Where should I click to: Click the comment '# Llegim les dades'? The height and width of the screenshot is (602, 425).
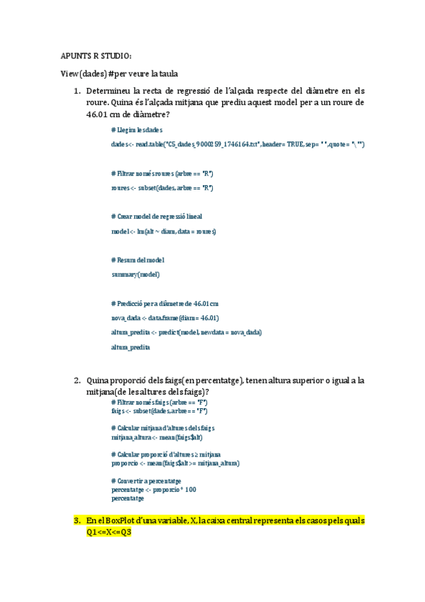(137, 130)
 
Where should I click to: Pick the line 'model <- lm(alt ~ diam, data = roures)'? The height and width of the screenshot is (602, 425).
(164, 231)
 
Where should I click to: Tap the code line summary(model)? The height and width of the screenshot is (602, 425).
(136, 274)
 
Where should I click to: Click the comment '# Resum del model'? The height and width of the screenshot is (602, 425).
(139, 260)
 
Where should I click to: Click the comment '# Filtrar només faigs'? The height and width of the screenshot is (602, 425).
(159, 403)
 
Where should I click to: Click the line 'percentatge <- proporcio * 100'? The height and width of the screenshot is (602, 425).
(154, 490)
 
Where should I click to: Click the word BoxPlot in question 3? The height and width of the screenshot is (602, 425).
(126, 521)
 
